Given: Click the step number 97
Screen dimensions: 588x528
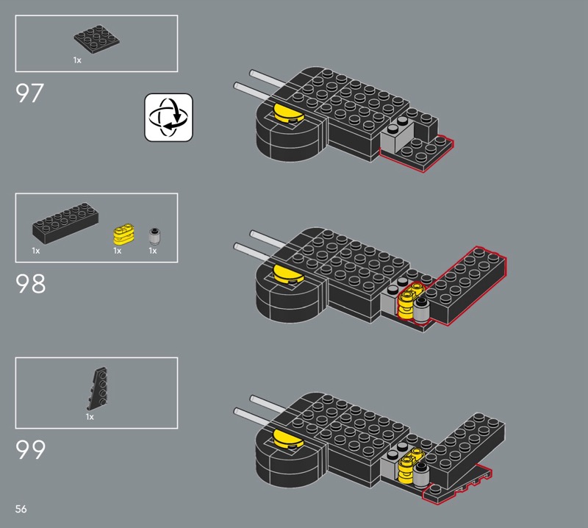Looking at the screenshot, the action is pyautogui.click(x=29, y=93).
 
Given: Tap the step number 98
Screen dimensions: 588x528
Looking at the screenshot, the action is pyautogui.click(x=30, y=284).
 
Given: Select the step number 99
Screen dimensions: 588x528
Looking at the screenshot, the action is pyautogui.click(x=30, y=449).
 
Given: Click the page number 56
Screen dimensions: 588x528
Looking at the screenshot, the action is pyautogui.click(x=21, y=509).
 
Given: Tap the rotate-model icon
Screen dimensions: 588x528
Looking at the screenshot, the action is pyautogui.click(x=169, y=118).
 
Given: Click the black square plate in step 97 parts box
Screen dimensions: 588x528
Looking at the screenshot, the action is pyautogui.click(x=97, y=39).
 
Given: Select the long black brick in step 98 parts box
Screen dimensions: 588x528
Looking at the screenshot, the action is pyautogui.click(x=65, y=224).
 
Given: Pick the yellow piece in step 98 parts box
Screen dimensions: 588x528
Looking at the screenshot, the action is pyautogui.click(x=123, y=234).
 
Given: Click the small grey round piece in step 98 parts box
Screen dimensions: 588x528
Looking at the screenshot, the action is pyautogui.click(x=154, y=236).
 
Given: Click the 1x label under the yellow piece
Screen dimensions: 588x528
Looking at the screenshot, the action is pyautogui.click(x=118, y=251).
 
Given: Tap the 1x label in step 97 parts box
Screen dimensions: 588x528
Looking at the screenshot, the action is pyautogui.click(x=77, y=60).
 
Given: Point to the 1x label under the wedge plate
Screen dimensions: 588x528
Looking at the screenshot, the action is pyautogui.click(x=90, y=417).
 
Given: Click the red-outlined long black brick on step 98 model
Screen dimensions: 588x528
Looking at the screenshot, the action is pyautogui.click(x=465, y=285).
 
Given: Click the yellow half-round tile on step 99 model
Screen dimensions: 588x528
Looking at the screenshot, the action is pyautogui.click(x=288, y=439).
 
